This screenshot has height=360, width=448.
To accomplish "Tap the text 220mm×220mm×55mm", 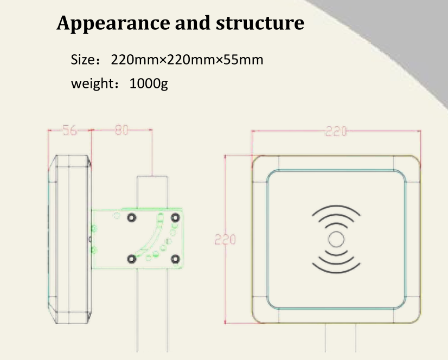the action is (187, 59).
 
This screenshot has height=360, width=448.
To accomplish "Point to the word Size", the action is (83, 59).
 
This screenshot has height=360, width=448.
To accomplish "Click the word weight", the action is (91, 85).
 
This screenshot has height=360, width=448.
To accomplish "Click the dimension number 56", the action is (69, 130).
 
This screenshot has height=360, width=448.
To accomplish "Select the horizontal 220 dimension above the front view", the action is (336, 131).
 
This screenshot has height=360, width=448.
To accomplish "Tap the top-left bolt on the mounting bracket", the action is (131, 218).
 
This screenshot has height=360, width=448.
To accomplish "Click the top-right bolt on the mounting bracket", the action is (175, 218).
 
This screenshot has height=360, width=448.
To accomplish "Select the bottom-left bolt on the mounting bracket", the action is (131, 259).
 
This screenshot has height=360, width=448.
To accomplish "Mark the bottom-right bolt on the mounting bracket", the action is (175, 259).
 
